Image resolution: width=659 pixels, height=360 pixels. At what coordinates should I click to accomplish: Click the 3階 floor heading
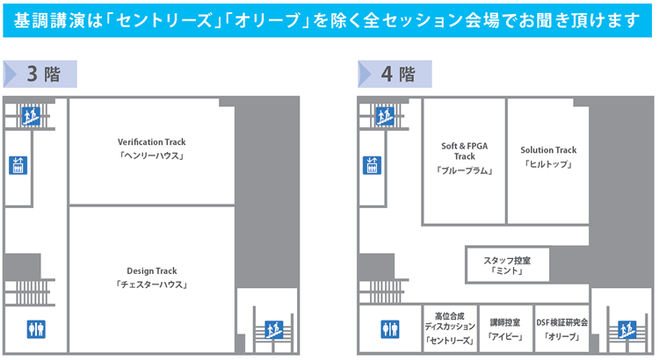pos(44,74)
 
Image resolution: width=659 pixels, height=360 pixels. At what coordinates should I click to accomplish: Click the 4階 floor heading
pos(398,74)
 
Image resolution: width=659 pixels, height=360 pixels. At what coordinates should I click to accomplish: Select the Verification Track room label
pos(152,142)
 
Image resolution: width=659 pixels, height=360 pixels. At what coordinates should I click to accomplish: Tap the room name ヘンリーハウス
pos(152,157)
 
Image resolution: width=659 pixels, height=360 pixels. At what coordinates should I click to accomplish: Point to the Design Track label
pos(152,270)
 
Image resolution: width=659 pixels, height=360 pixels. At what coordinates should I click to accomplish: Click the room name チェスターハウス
pos(152,285)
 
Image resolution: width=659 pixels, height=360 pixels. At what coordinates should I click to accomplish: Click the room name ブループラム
pos(464,171)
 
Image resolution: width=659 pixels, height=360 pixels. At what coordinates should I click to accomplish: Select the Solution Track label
pos(547,150)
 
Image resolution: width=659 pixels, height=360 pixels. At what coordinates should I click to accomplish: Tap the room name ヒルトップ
pos(547,165)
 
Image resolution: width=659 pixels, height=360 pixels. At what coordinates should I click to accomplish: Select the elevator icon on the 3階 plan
pos(18,164)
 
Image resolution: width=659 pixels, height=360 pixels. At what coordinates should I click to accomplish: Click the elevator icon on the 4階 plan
pos(372,164)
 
